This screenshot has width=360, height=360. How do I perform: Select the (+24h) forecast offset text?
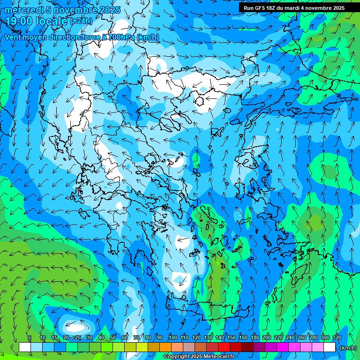[x=81, y=21]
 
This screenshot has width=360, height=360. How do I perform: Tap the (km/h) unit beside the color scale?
[x=348, y=348]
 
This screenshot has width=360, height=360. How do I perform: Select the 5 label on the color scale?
[x=29, y=337]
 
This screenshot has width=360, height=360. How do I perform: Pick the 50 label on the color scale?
[x=113, y=337]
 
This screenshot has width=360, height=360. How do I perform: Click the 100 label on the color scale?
[x=173, y=337]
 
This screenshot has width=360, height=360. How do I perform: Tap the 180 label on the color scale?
[x=255, y=337]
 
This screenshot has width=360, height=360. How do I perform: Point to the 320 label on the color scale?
[x=337, y=337]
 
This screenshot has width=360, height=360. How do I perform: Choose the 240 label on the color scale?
[x=290, y=337]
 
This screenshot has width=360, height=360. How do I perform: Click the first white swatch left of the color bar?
[x=25, y=347]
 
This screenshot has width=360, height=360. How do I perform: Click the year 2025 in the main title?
[x=110, y=10]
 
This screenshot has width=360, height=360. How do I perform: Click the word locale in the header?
[x=51, y=21]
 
